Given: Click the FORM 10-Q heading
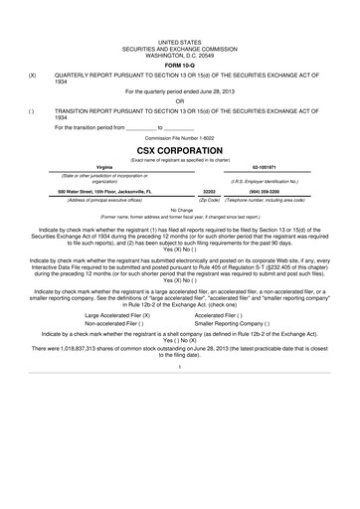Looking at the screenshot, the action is pyautogui.click(x=180, y=67).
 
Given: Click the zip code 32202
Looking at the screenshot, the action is pyautogui.click(x=209, y=190).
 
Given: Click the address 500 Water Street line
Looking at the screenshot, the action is pyautogui.click(x=104, y=190).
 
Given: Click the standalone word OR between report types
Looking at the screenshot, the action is pyautogui.click(x=180, y=100).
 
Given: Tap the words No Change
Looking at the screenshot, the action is pyautogui.click(x=180, y=210).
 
